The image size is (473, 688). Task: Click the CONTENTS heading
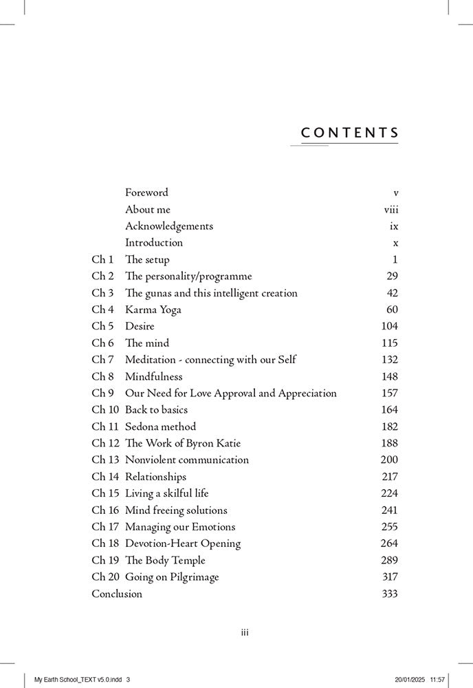350,132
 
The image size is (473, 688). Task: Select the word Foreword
146,193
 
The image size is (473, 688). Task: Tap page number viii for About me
390,209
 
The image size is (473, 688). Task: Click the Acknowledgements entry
169,226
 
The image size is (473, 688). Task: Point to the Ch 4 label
103,310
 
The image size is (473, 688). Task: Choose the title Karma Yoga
153,310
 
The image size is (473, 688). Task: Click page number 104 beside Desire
389,326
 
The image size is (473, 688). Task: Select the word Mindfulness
154,376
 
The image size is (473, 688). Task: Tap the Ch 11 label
105,427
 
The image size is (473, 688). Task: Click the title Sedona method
160,427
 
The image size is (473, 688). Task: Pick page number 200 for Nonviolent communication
389,460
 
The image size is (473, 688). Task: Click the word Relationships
155,476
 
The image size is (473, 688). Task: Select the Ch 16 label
105,510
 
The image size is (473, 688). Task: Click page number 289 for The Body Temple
389,560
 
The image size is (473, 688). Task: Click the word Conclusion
117,594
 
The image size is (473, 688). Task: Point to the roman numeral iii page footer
244,633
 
